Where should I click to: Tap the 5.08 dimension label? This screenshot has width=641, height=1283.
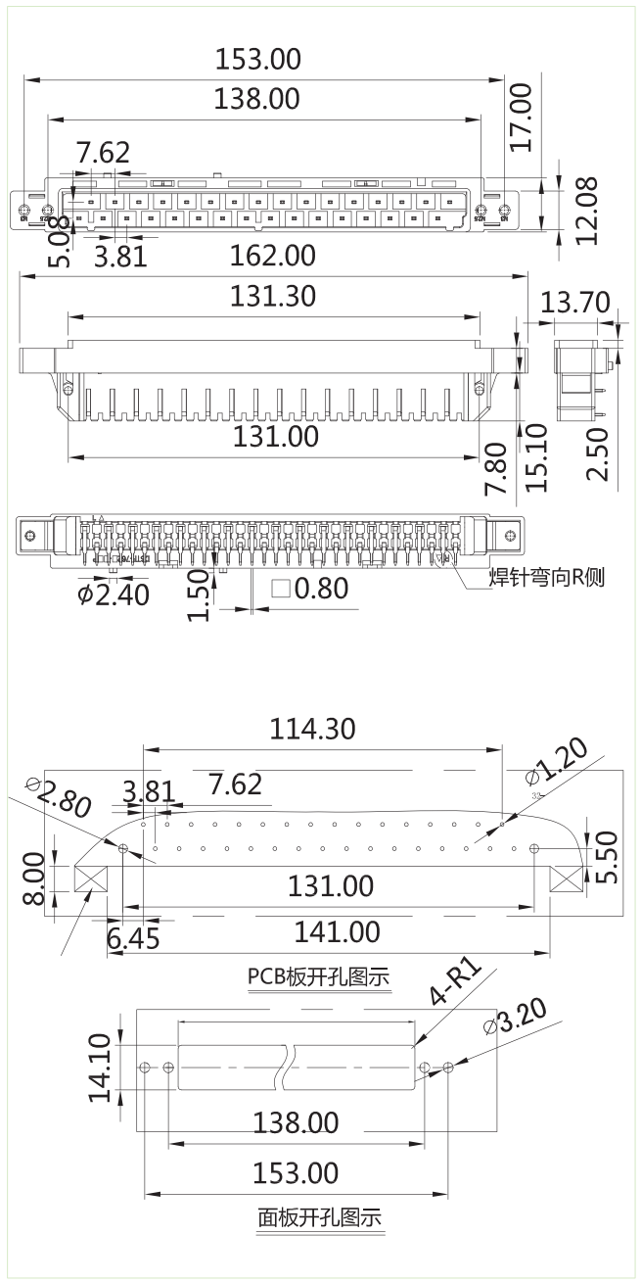point(60,241)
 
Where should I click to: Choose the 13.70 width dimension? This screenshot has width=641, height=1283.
point(575,303)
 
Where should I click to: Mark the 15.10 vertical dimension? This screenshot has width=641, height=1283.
point(536,456)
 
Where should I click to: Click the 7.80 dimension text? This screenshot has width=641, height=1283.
point(497,467)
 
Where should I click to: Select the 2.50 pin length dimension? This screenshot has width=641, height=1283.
point(598,452)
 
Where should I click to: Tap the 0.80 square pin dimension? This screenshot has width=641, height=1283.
point(309,589)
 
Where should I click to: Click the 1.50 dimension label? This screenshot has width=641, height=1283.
point(200,596)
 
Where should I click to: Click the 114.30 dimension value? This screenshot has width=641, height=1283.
point(312,729)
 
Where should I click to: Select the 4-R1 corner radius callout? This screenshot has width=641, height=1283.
point(456,984)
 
